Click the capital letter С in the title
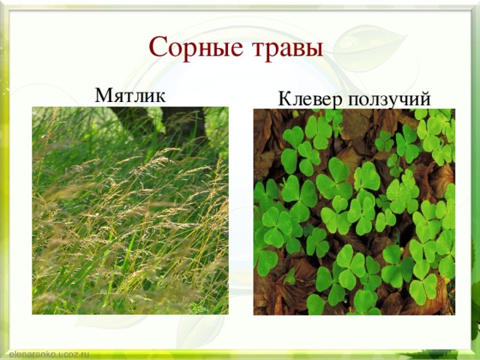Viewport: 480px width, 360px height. (x=157, y=47)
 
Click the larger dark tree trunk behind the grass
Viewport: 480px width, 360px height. (x=184, y=124)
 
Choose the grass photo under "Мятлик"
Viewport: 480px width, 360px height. (x=130, y=211)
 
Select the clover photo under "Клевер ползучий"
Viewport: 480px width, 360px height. (x=354, y=211)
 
